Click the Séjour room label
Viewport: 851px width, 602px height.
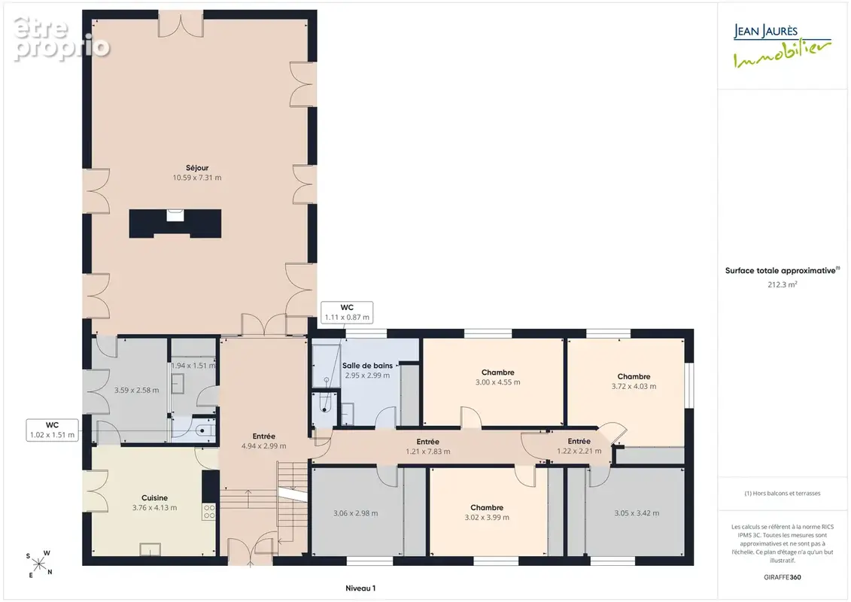[197, 168]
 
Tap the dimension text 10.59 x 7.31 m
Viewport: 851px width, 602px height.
[197, 178]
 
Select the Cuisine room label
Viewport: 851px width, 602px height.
[155, 497]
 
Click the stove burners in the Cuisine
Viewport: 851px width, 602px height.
[209, 512]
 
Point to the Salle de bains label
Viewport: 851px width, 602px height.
[367, 365]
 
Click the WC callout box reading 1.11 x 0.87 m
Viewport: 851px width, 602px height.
[347, 312]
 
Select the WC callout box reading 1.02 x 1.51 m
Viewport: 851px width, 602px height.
[52, 430]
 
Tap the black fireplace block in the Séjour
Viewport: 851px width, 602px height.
[175, 223]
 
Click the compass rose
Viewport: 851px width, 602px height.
[39, 564]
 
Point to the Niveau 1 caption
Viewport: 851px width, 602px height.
[360, 588]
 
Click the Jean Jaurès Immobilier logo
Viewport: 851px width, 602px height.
[782, 46]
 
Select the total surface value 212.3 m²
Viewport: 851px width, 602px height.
[782, 284]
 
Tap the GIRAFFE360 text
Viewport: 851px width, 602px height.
[782, 577]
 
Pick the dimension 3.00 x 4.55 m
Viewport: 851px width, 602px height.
[497, 382]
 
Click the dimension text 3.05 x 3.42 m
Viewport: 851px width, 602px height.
[637, 513]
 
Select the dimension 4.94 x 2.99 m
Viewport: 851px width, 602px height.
[264, 446]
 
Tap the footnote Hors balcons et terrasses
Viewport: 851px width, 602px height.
[782, 494]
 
